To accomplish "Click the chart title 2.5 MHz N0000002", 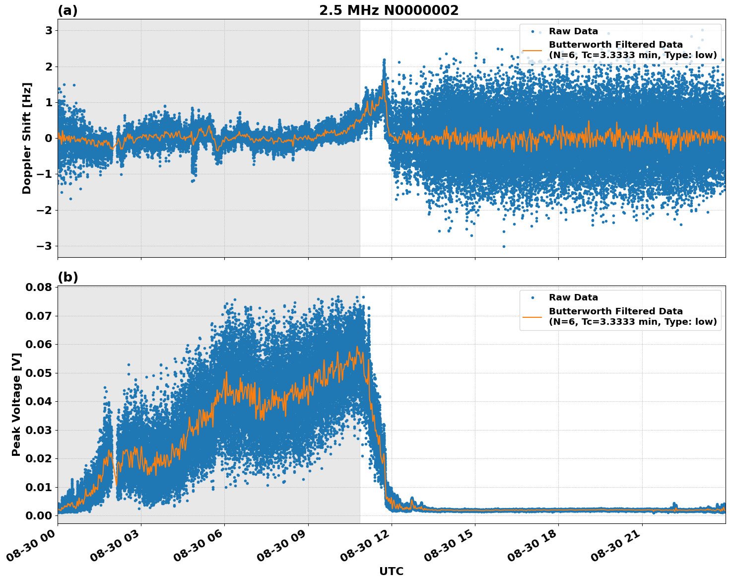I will point(389,10).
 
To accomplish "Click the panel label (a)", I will point(67,10).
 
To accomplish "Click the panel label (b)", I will point(67,277).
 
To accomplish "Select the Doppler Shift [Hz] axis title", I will point(27,138).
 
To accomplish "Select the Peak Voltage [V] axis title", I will point(16,404).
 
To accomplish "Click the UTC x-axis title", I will point(391,571).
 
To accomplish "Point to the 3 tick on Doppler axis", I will point(49,31).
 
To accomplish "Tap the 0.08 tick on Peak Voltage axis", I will point(38,288).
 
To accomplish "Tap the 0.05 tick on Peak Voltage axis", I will point(38,373).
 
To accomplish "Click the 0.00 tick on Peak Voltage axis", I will point(38,515).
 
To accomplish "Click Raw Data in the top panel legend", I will point(573,31).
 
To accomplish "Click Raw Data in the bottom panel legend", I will point(573,297).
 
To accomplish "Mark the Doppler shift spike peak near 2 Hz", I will point(384,61).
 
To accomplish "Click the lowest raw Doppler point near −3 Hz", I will point(504,246).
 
